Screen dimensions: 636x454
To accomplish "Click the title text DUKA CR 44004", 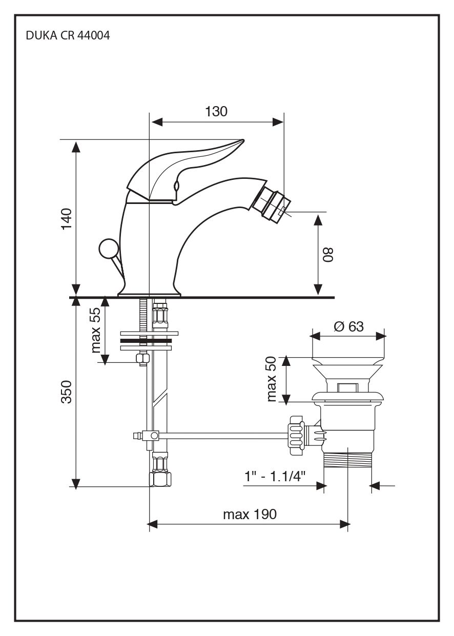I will [67, 36].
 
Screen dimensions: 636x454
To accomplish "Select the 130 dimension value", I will [216, 111].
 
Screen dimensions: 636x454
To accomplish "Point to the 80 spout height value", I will [328, 254].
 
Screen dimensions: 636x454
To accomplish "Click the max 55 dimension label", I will [96, 331].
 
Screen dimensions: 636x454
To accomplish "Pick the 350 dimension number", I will [67, 392].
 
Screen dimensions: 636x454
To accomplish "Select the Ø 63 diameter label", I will [348, 326].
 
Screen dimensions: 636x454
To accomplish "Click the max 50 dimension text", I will [272, 379].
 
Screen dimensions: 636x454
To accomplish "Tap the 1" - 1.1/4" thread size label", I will [275, 476].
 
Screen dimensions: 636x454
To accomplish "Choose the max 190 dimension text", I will [250, 514].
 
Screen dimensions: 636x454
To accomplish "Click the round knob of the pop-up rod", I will [108, 249].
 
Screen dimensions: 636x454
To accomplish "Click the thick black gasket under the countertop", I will [146, 340].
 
